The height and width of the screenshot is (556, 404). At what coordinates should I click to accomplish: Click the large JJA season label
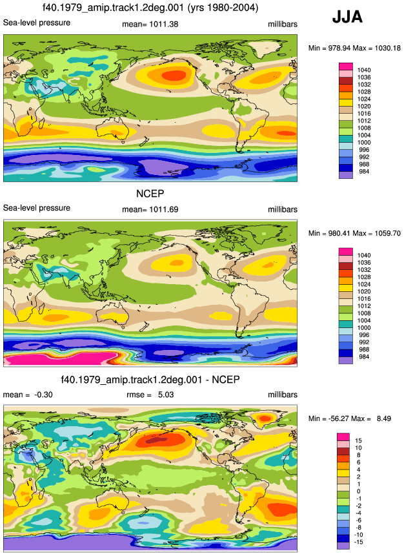[x=347, y=17]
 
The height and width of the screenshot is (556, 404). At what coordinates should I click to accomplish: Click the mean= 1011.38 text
[x=150, y=25]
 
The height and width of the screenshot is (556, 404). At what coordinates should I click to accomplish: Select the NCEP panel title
[x=150, y=194]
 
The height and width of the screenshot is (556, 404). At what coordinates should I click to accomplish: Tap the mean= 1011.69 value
[x=150, y=210]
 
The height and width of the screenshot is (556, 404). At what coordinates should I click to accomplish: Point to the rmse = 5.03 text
[x=150, y=395]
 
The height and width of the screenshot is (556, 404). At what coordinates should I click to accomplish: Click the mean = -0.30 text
[x=28, y=395]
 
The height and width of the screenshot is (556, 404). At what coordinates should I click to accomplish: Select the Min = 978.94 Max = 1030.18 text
[x=354, y=48]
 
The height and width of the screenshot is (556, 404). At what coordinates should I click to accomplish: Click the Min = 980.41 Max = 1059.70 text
[x=354, y=233]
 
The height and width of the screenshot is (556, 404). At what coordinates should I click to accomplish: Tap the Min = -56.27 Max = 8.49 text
[x=349, y=418]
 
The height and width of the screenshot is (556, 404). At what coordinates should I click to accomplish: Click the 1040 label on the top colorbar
[x=363, y=70]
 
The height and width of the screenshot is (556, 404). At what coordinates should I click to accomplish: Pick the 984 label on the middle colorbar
[x=364, y=356]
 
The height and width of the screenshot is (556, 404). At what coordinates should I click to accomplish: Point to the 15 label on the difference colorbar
[x=358, y=441]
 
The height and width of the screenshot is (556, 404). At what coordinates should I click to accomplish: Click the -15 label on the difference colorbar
[x=358, y=542]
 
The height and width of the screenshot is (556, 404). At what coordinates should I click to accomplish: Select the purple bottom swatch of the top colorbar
[x=346, y=175]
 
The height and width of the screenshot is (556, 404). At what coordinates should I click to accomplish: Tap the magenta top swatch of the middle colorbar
[x=346, y=252]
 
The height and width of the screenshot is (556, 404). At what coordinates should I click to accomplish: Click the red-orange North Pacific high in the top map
[x=174, y=75]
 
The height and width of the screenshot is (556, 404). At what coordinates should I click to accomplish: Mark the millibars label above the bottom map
[x=283, y=395]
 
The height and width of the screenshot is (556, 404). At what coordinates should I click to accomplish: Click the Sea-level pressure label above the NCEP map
[x=37, y=208]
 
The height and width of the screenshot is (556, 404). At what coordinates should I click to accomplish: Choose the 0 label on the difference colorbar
[x=358, y=491]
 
